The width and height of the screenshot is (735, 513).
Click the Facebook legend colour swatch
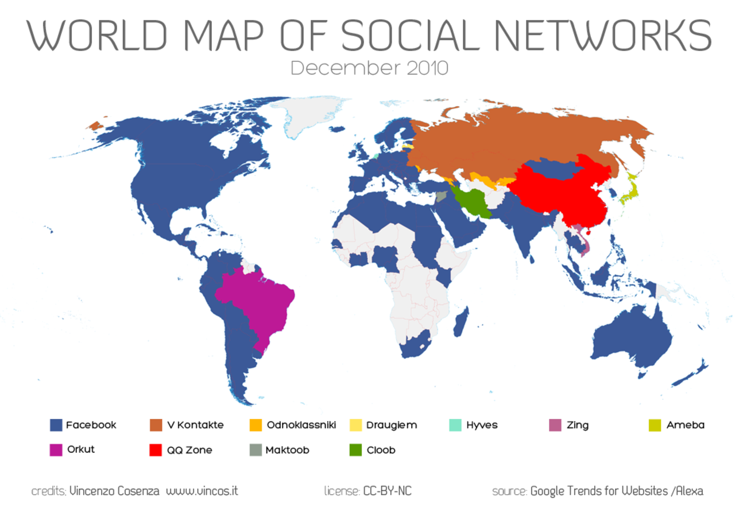coord(56,425)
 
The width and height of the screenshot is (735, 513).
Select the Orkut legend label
coord(80,449)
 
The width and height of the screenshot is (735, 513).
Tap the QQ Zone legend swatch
coord(155,450)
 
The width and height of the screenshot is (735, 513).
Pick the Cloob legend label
coord(381,450)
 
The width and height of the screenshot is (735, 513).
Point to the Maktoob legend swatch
coord(255,450)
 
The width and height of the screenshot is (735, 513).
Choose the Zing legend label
coord(577,425)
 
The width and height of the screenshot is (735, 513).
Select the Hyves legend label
coord(482,425)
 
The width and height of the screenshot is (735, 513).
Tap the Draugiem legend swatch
coord(356,425)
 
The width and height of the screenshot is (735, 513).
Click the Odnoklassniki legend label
coord(301,425)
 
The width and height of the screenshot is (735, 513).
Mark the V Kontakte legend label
coord(195,425)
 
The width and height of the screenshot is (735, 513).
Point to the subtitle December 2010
coord(369,68)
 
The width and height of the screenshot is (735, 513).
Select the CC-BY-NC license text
coord(387,491)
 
